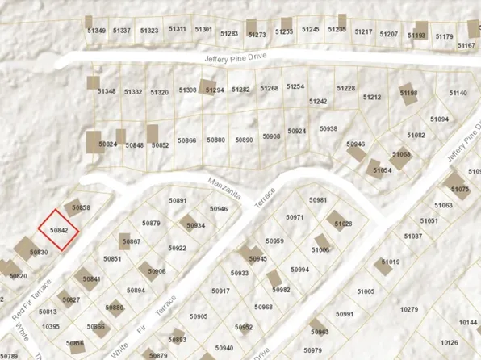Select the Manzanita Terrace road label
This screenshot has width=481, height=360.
pos(241,193)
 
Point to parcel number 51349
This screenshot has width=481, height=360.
pos(96,31)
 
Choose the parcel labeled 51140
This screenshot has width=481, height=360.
pos(458,94)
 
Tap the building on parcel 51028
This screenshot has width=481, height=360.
pos(338,220)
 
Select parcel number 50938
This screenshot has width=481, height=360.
pos(328,128)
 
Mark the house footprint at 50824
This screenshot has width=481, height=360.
pos(94,141)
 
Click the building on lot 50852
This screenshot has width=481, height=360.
pos(153,134)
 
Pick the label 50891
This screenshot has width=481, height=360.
pos(178,200)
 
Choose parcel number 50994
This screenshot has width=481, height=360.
pos(300,270)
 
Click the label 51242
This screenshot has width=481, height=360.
pos(317,102)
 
